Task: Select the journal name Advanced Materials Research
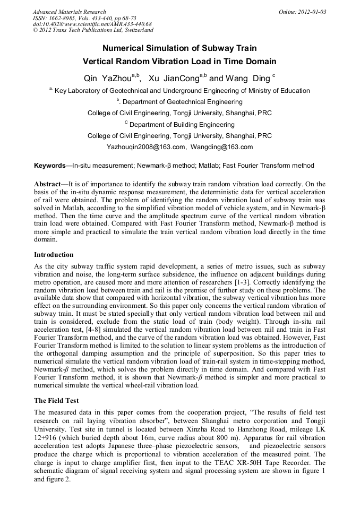tap(69, 12)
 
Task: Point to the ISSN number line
tap(84, 18)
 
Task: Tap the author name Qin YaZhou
tap(110, 79)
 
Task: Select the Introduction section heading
tap(54, 255)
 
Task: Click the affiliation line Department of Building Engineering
tap(181, 125)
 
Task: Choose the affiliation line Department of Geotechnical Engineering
tap(181, 101)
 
